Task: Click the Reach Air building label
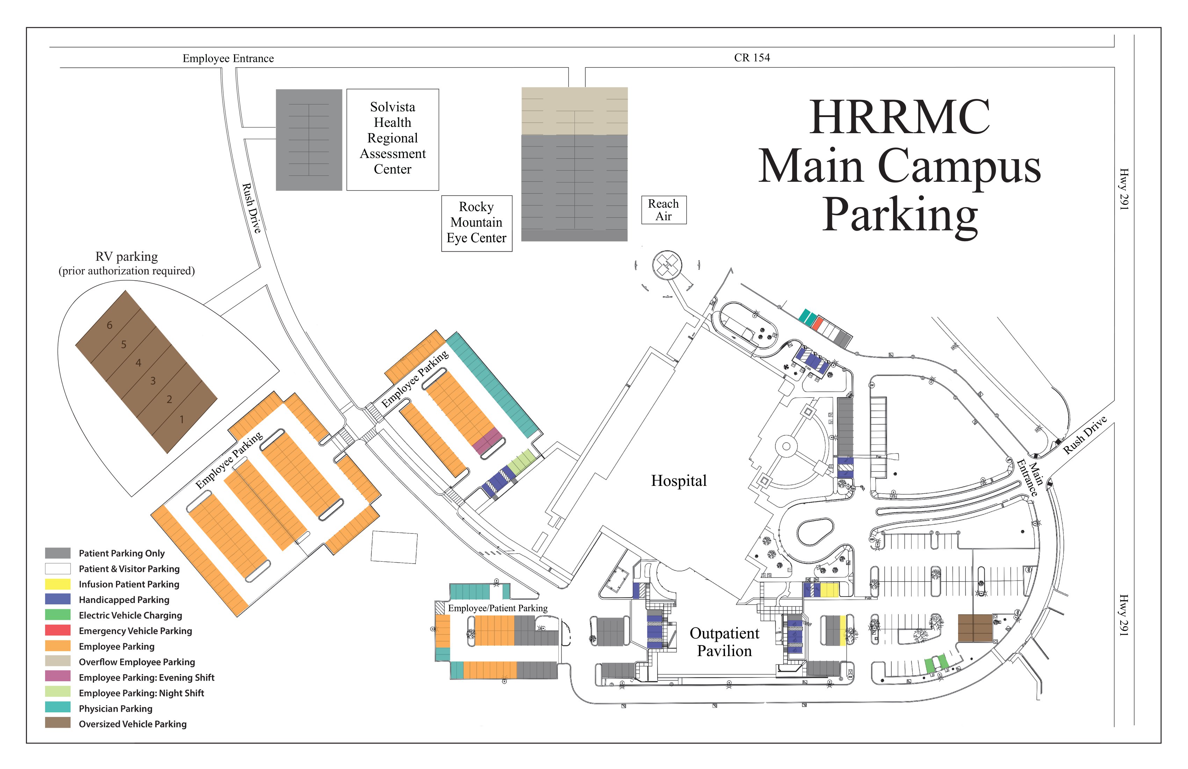(664, 210)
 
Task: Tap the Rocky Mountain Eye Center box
(477, 223)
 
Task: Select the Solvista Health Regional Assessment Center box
(393, 139)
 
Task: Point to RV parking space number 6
(110, 325)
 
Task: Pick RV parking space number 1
(182, 419)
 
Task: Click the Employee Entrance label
(228, 58)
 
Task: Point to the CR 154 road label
(752, 57)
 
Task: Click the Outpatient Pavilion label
(724, 642)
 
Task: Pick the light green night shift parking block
(522, 461)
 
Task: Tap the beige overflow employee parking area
(574, 111)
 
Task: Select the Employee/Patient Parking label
(498, 608)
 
